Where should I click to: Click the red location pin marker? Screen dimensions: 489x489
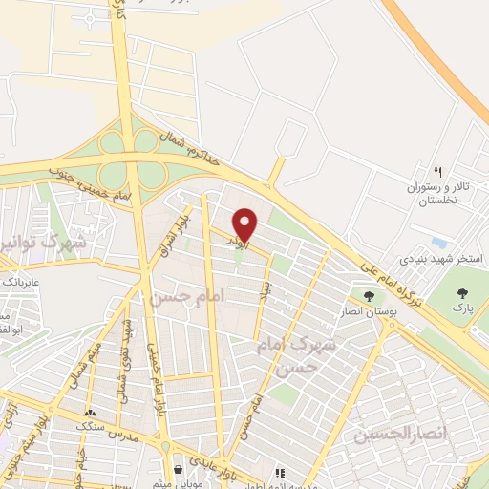pyautogui.click(x=245, y=223)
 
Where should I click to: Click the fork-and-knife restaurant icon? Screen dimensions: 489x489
pyautogui.click(x=437, y=173)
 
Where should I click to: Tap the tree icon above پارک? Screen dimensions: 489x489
pyautogui.click(x=463, y=293)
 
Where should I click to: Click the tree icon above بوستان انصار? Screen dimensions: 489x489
pyautogui.click(x=369, y=295)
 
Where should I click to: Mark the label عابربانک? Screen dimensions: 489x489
pyautogui.click(x=20, y=284)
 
